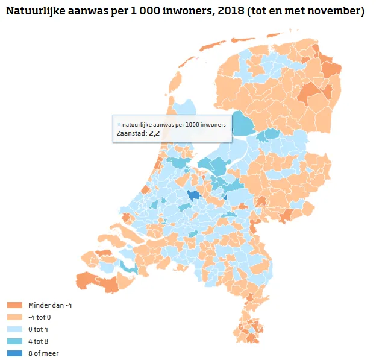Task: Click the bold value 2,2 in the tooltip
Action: pos(154,133)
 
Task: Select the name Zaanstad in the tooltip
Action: pos(131,133)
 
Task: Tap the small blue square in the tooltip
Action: pos(119,124)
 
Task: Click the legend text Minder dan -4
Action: pos(50,305)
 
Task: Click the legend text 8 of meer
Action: pos(43,353)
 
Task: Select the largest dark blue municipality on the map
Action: pos(194,195)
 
